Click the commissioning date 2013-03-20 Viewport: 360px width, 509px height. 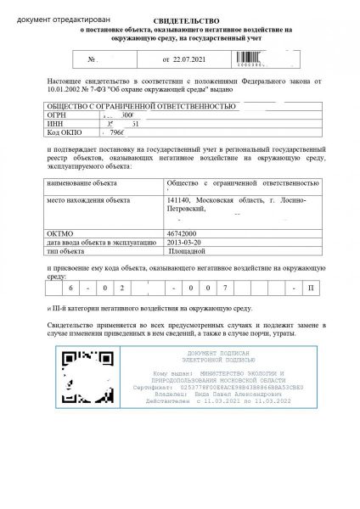(x=186, y=239)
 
